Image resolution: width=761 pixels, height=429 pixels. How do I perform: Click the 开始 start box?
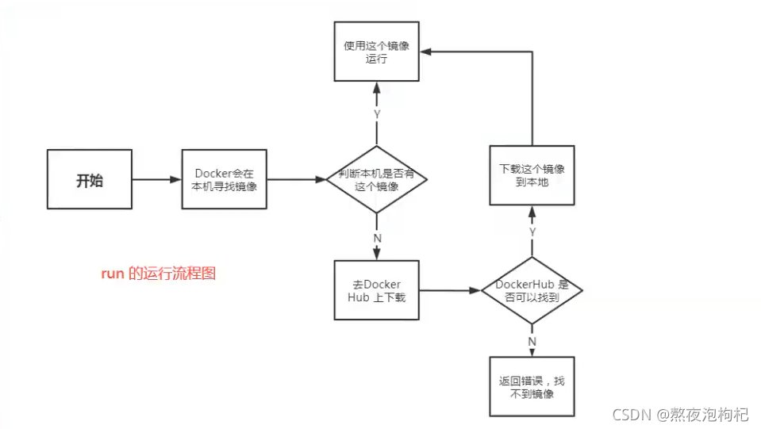pyautogui.click(x=90, y=179)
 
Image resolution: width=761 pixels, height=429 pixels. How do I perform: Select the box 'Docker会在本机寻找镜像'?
pyautogui.click(x=225, y=179)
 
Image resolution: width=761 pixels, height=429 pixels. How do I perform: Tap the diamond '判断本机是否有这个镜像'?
pyautogui.click(x=377, y=179)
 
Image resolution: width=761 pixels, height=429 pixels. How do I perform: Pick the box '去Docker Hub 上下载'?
pyautogui.click(x=377, y=290)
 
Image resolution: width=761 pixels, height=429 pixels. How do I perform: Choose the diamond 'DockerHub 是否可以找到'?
pyautogui.click(x=532, y=290)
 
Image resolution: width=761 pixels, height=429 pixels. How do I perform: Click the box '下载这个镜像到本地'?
pyautogui.click(x=532, y=176)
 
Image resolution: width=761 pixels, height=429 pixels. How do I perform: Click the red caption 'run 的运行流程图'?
pyautogui.click(x=159, y=274)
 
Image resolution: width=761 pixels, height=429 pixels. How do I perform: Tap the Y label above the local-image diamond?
pyautogui.click(x=377, y=115)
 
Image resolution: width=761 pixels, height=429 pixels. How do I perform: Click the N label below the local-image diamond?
pyautogui.click(x=377, y=236)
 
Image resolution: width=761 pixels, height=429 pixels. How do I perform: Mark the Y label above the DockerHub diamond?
pyautogui.click(x=532, y=232)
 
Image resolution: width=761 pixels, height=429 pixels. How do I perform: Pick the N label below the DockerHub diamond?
pyautogui.click(x=532, y=342)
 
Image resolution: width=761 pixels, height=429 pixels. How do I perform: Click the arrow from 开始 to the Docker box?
pyautogui.click(x=157, y=179)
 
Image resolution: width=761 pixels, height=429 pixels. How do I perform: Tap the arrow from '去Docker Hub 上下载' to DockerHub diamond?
pyautogui.click(x=450, y=290)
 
